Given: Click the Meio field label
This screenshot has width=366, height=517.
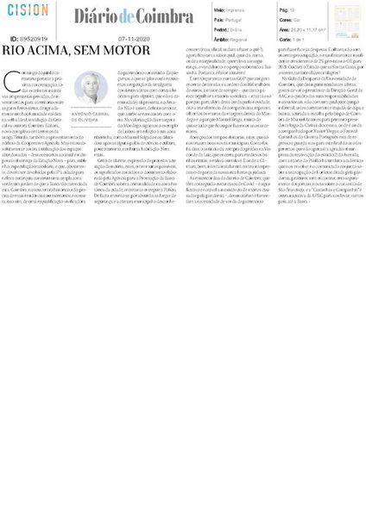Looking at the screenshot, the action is tap(218, 9).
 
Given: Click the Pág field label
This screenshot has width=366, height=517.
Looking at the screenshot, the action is tap(285, 9).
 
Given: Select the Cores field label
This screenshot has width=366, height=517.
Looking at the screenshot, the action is tap(287, 17).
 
